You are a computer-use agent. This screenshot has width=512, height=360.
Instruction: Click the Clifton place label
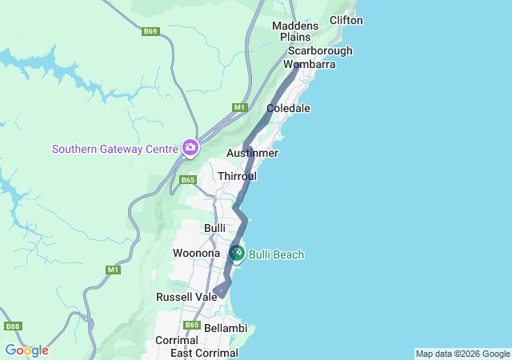[x=346, y=20]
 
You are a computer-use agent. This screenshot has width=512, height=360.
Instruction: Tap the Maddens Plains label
[x=295, y=31]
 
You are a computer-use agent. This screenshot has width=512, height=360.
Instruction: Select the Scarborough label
[x=320, y=50]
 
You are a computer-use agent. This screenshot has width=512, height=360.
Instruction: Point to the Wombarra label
[x=303, y=64]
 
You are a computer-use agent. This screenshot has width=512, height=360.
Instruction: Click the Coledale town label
[x=288, y=108]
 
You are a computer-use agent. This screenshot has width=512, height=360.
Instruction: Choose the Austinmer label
[x=252, y=153]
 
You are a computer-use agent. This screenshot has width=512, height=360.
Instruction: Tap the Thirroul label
[x=237, y=175]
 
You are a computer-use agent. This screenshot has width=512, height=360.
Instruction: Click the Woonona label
[x=196, y=254]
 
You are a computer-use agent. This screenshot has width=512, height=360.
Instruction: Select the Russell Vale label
[x=182, y=297]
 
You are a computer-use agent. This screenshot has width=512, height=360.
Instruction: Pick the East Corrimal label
[x=204, y=353]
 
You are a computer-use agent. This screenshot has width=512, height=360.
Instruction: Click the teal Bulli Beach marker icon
[x=237, y=253]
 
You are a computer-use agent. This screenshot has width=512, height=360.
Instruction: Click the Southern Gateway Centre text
[x=115, y=149]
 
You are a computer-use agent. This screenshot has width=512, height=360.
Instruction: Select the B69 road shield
[x=150, y=31]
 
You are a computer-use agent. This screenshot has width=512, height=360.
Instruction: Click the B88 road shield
[x=13, y=326]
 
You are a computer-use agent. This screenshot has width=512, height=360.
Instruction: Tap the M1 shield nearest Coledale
[x=239, y=107]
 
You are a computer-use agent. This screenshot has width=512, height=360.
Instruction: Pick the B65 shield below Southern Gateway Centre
[x=188, y=180]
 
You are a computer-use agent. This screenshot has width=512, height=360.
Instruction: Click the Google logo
[x=26, y=350]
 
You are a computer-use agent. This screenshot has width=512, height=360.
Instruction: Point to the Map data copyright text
[x=462, y=354]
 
